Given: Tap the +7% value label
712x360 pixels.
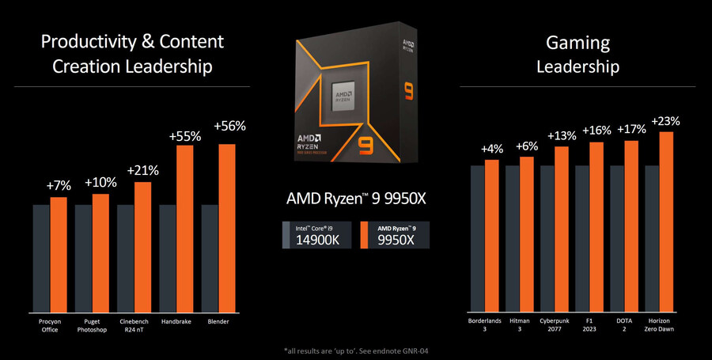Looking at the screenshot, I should click(x=59, y=185).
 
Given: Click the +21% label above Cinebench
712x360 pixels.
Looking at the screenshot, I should click(x=142, y=170).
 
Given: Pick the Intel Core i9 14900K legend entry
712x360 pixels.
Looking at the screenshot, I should click(x=316, y=236).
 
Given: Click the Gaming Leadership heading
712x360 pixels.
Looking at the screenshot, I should click(x=578, y=55).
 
